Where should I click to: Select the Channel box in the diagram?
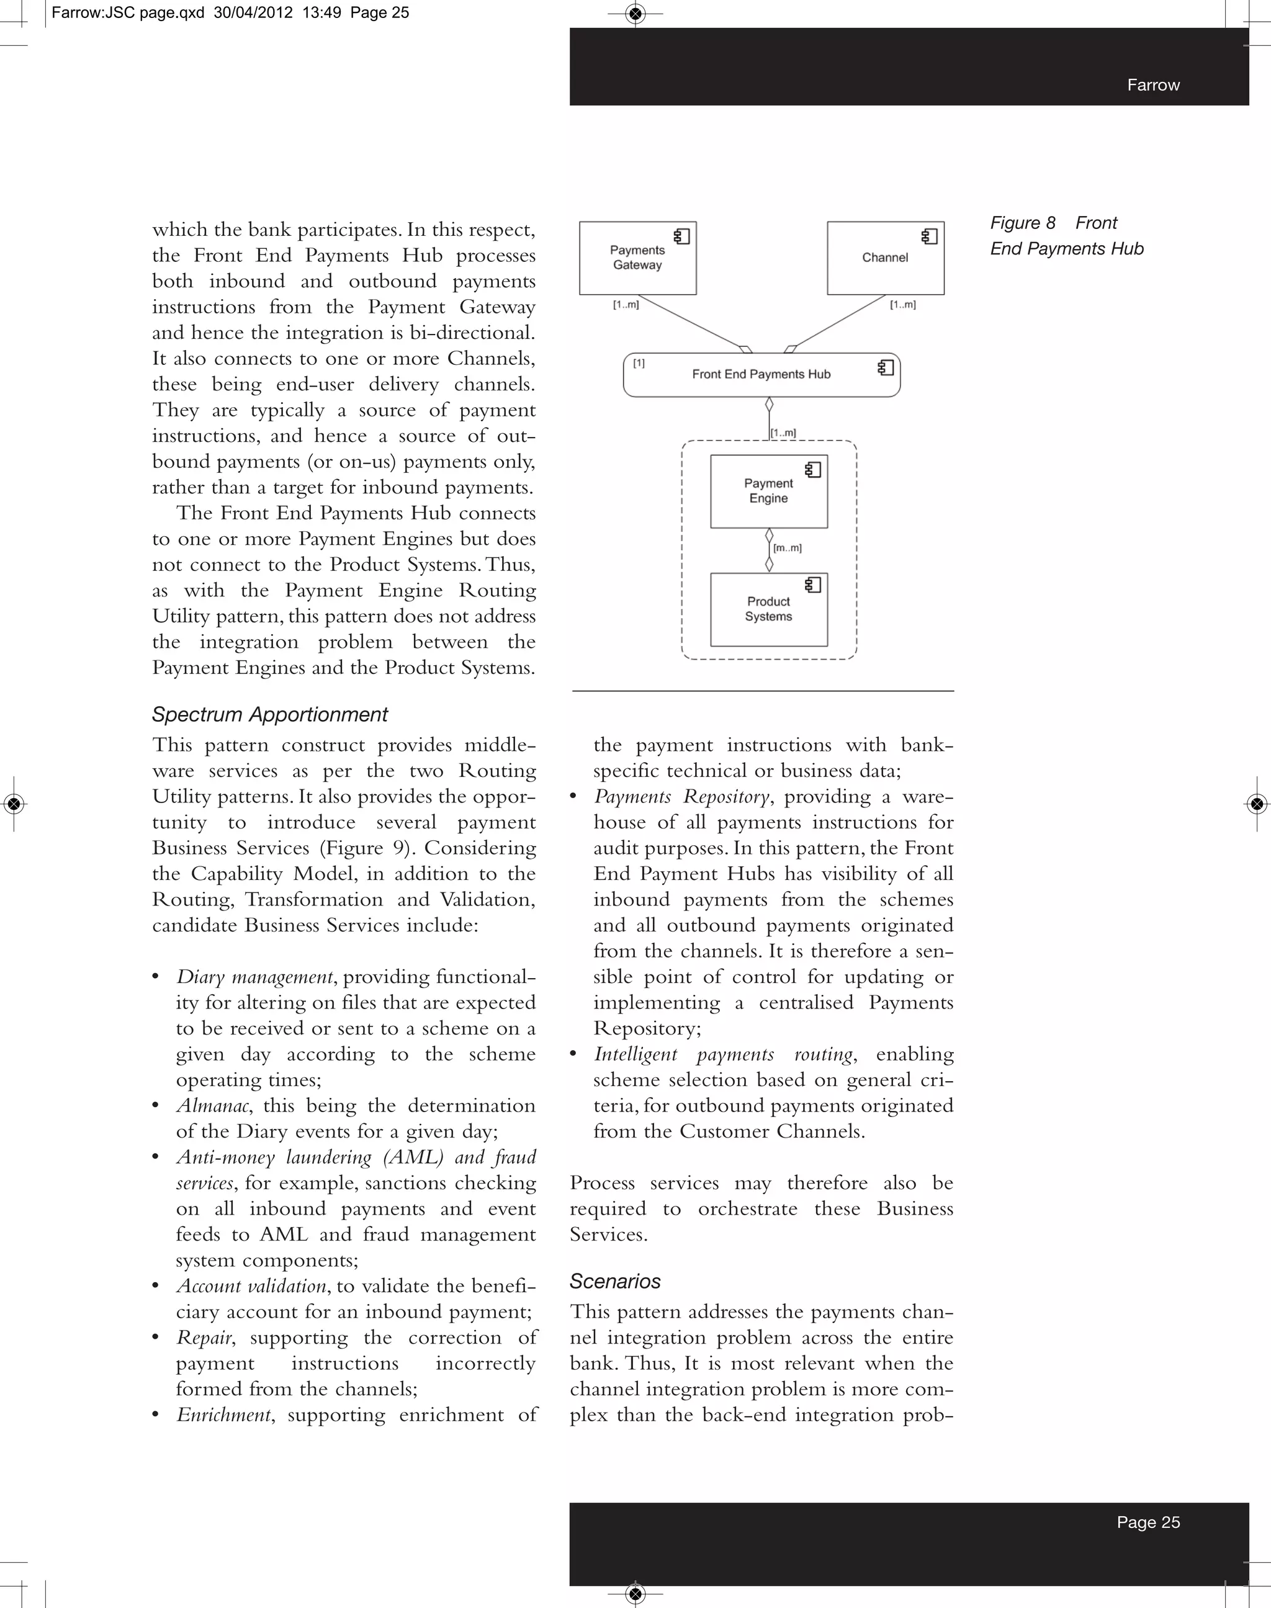tap(885, 258)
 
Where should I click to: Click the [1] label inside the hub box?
tap(639, 363)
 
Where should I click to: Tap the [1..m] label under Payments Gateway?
tap(626, 304)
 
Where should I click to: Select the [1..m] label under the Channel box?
tap(902, 304)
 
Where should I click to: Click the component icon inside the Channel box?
tap(928, 236)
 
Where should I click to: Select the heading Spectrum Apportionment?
tap(269, 714)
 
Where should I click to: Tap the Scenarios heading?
tap(614, 1282)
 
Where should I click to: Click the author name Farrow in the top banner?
tap(1152, 85)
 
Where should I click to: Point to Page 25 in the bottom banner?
tap(1147, 1522)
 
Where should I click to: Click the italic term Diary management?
tap(254, 977)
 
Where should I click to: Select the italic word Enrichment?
tap(223, 1414)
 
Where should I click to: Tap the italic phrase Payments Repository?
tap(681, 797)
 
